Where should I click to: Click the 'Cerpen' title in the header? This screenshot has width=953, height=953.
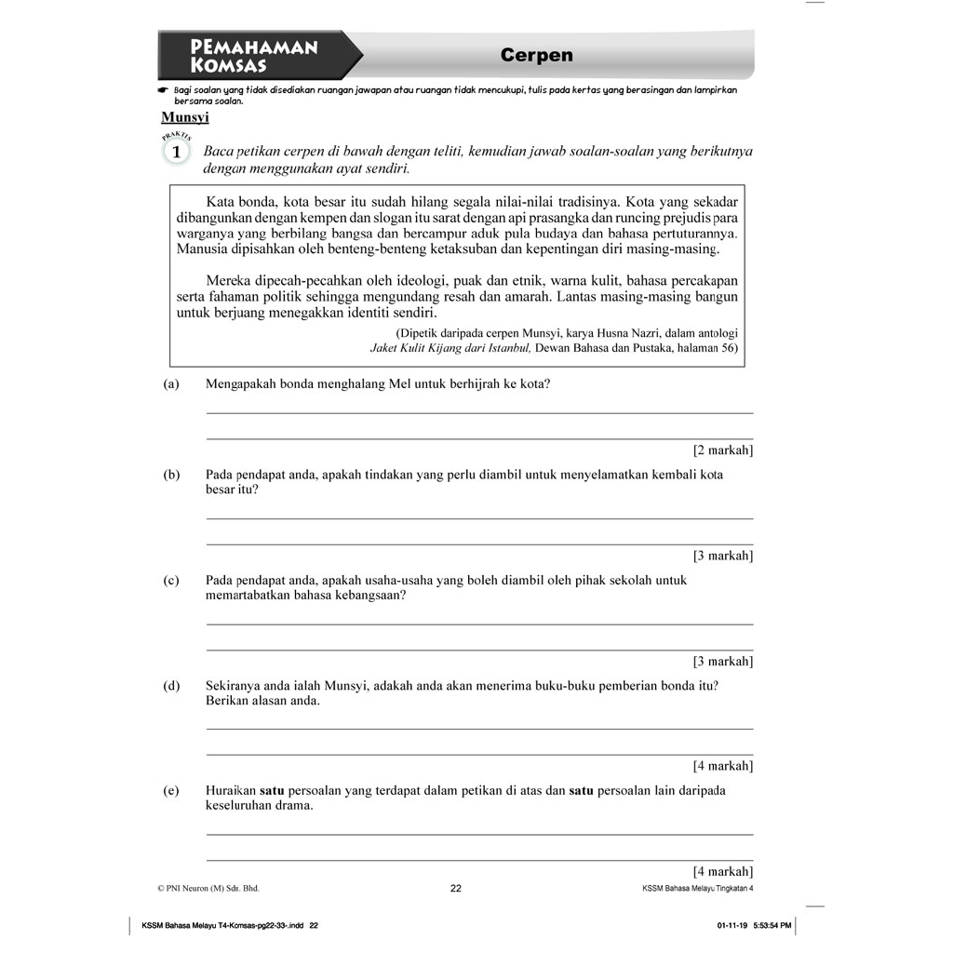536,56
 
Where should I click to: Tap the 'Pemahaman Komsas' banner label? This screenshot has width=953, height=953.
253,56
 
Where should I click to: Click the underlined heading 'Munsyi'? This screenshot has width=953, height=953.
185,117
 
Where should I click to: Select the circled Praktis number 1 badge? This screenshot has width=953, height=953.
177,152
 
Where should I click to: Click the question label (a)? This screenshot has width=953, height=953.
170,383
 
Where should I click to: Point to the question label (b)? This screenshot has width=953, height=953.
171,475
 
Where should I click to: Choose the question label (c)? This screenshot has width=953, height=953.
171,580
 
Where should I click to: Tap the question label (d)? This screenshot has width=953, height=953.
171,686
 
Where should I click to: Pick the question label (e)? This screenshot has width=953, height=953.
171,790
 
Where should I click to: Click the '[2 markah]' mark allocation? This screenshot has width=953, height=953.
723,450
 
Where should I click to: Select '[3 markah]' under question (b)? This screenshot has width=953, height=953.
723,556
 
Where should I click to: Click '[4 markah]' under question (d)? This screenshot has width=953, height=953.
723,766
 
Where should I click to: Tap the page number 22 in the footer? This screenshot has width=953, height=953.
456,889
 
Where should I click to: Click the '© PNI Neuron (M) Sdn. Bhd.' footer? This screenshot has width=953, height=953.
208,889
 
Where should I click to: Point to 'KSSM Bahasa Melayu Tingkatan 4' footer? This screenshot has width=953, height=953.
697,889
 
